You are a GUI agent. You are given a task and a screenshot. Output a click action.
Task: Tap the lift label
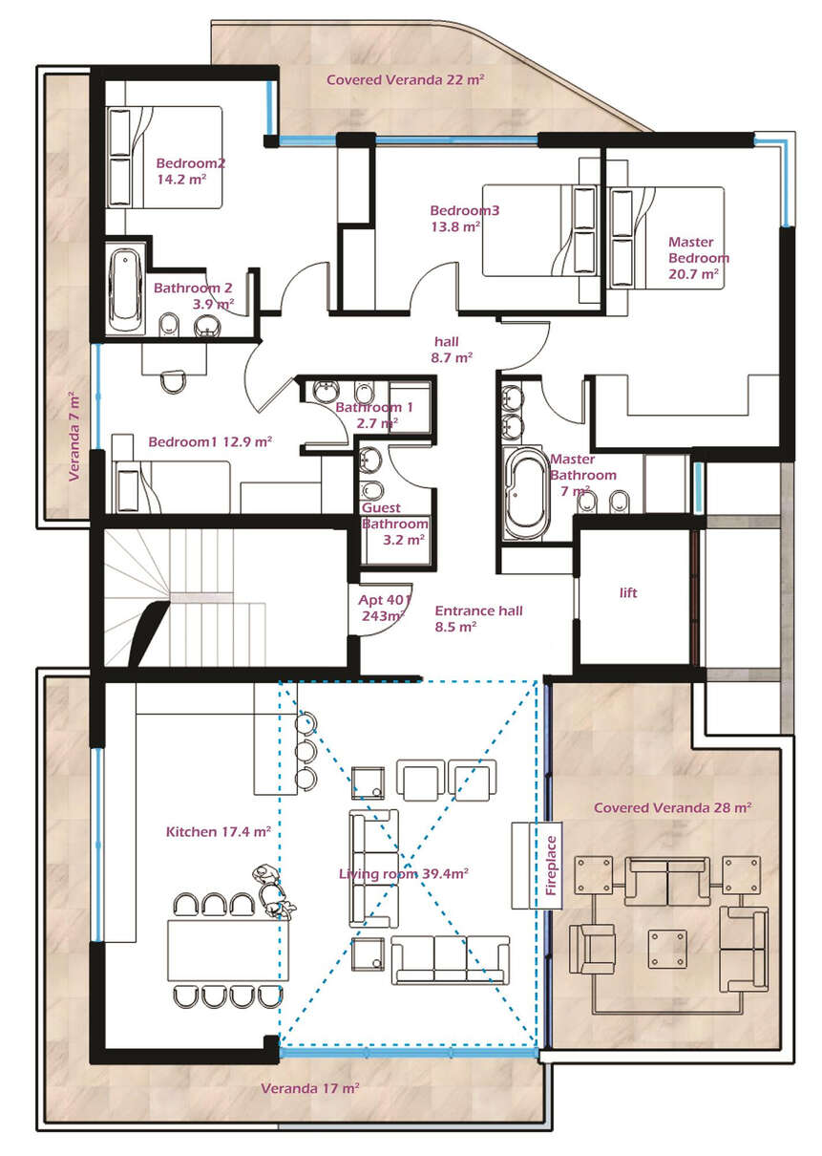(628, 592)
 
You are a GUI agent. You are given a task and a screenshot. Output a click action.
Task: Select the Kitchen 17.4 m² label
(218, 831)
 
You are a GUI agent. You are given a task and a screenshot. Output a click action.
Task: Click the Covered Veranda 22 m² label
(406, 79)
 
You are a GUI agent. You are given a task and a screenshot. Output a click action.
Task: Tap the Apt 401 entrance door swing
(382, 609)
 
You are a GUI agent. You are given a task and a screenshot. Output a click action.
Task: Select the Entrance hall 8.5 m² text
(478, 619)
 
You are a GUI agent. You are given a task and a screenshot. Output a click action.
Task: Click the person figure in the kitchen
(272, 891)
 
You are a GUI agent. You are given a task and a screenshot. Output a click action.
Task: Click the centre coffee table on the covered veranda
(667, 949)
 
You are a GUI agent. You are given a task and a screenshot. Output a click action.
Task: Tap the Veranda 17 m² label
(310, 1088)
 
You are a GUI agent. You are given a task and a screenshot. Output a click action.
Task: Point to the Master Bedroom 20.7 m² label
(698, 258)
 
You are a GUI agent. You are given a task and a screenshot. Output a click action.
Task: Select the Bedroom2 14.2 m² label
(190, 171)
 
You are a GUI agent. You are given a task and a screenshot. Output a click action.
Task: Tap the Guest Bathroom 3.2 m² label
(395, 524)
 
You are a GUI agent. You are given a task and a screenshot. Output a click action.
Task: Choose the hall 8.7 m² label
(452, 350)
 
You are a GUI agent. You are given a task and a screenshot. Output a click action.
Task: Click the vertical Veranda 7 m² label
(74, 437)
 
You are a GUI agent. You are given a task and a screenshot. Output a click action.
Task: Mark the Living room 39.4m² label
(403, 874)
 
